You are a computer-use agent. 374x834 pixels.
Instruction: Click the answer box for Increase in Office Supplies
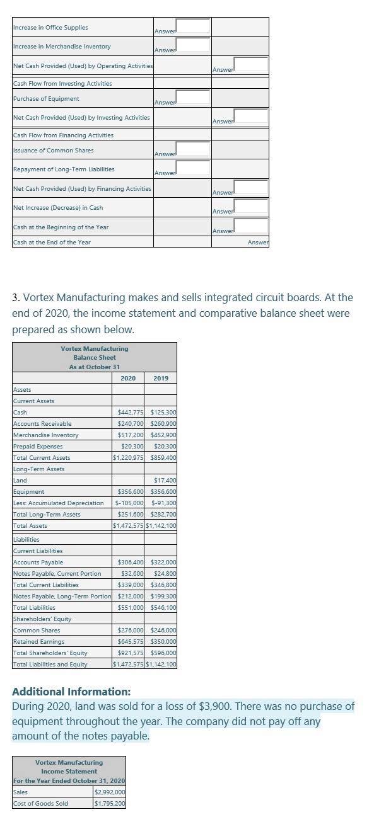tap(192, 26)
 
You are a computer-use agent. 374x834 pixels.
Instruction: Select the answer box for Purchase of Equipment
tap(192, 97)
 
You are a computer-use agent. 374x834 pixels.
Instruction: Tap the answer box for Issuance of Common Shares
tap(192, 149)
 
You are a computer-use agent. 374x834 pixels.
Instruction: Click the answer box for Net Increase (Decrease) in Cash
tap(251, 206)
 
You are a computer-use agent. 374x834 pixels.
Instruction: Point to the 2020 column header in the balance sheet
tap(128, 378)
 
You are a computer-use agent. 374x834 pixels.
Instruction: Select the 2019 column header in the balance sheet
tap(161, 378)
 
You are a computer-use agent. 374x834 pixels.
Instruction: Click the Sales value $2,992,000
tap(110, 792)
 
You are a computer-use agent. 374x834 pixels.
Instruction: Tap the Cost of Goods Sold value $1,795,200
tap(110, 804)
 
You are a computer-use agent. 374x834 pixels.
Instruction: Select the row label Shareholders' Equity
tap(42, 619)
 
